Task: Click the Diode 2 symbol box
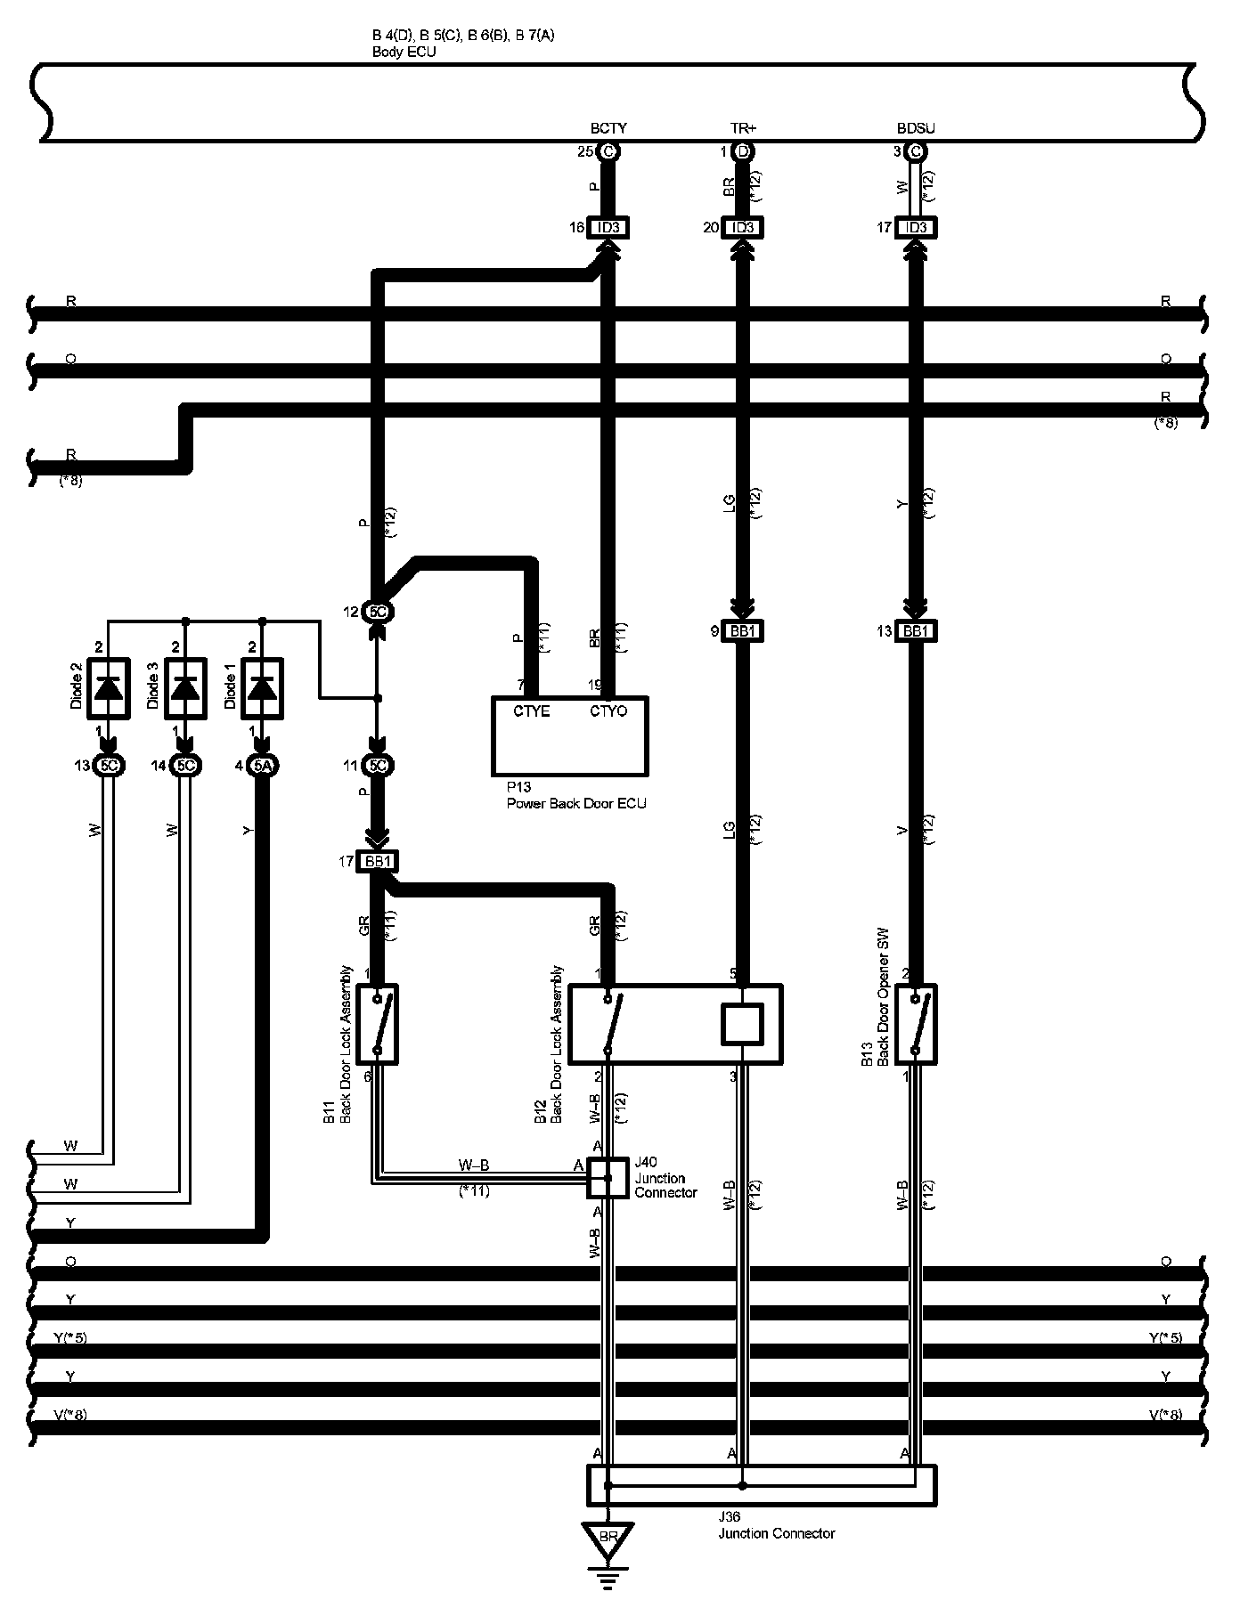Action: pos(108,686)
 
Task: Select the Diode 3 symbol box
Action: pos(184,686)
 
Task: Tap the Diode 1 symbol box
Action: pos(261,686)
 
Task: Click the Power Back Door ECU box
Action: pos(570,736)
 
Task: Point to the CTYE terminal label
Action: pos(532,711)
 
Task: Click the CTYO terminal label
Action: pos(608,711)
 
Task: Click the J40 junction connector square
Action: pos(608,1178)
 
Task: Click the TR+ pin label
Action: pos(742,129)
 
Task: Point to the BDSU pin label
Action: pos(916,129)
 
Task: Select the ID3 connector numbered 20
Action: pos(742,228)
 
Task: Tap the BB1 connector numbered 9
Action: pos(742,631)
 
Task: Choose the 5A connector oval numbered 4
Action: pos(261,766)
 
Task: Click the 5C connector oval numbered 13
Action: pos(108,766)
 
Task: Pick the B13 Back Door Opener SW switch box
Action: pos(916,1024)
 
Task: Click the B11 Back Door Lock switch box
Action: pos(378,1024)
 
